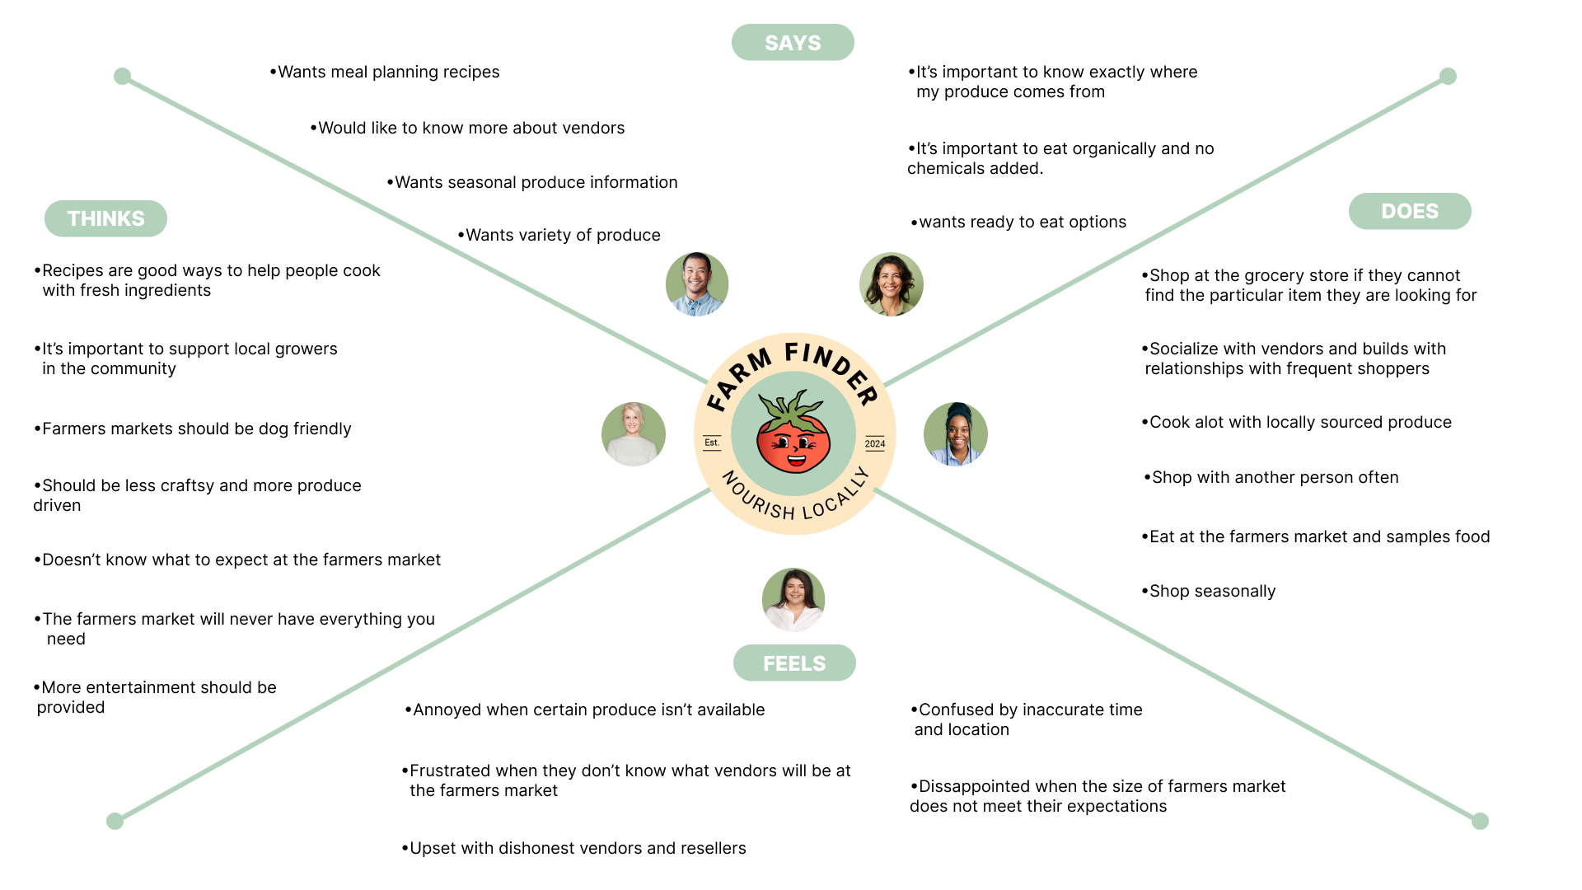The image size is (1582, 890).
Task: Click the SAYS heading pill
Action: click(793, 43)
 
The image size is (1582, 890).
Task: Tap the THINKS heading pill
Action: click(105, 218)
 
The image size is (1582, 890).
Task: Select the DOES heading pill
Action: click(1409, 211)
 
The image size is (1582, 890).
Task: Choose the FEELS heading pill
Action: click(794, 663)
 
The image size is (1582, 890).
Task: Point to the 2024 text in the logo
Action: click(875, 443)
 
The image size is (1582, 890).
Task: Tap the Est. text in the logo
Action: click(712, 443)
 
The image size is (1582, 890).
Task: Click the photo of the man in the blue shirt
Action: click(697, 284)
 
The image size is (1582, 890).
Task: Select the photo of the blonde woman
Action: click(634, 434)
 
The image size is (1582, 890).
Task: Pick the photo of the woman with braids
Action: click(956, 434)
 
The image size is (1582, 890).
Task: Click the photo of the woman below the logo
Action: click(793, 600)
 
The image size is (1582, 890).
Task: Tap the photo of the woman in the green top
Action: click(891, 284)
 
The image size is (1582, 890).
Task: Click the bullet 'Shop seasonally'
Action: click(1211, 591)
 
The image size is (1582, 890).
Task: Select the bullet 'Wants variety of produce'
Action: click(562, 235)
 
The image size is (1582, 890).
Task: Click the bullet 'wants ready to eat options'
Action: click(1022, 222)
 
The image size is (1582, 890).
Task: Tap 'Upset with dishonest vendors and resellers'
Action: click(577, 848)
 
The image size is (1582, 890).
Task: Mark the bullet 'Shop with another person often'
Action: click(1274, 477)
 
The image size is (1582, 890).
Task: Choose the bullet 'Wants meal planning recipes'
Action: click(388, 72)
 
